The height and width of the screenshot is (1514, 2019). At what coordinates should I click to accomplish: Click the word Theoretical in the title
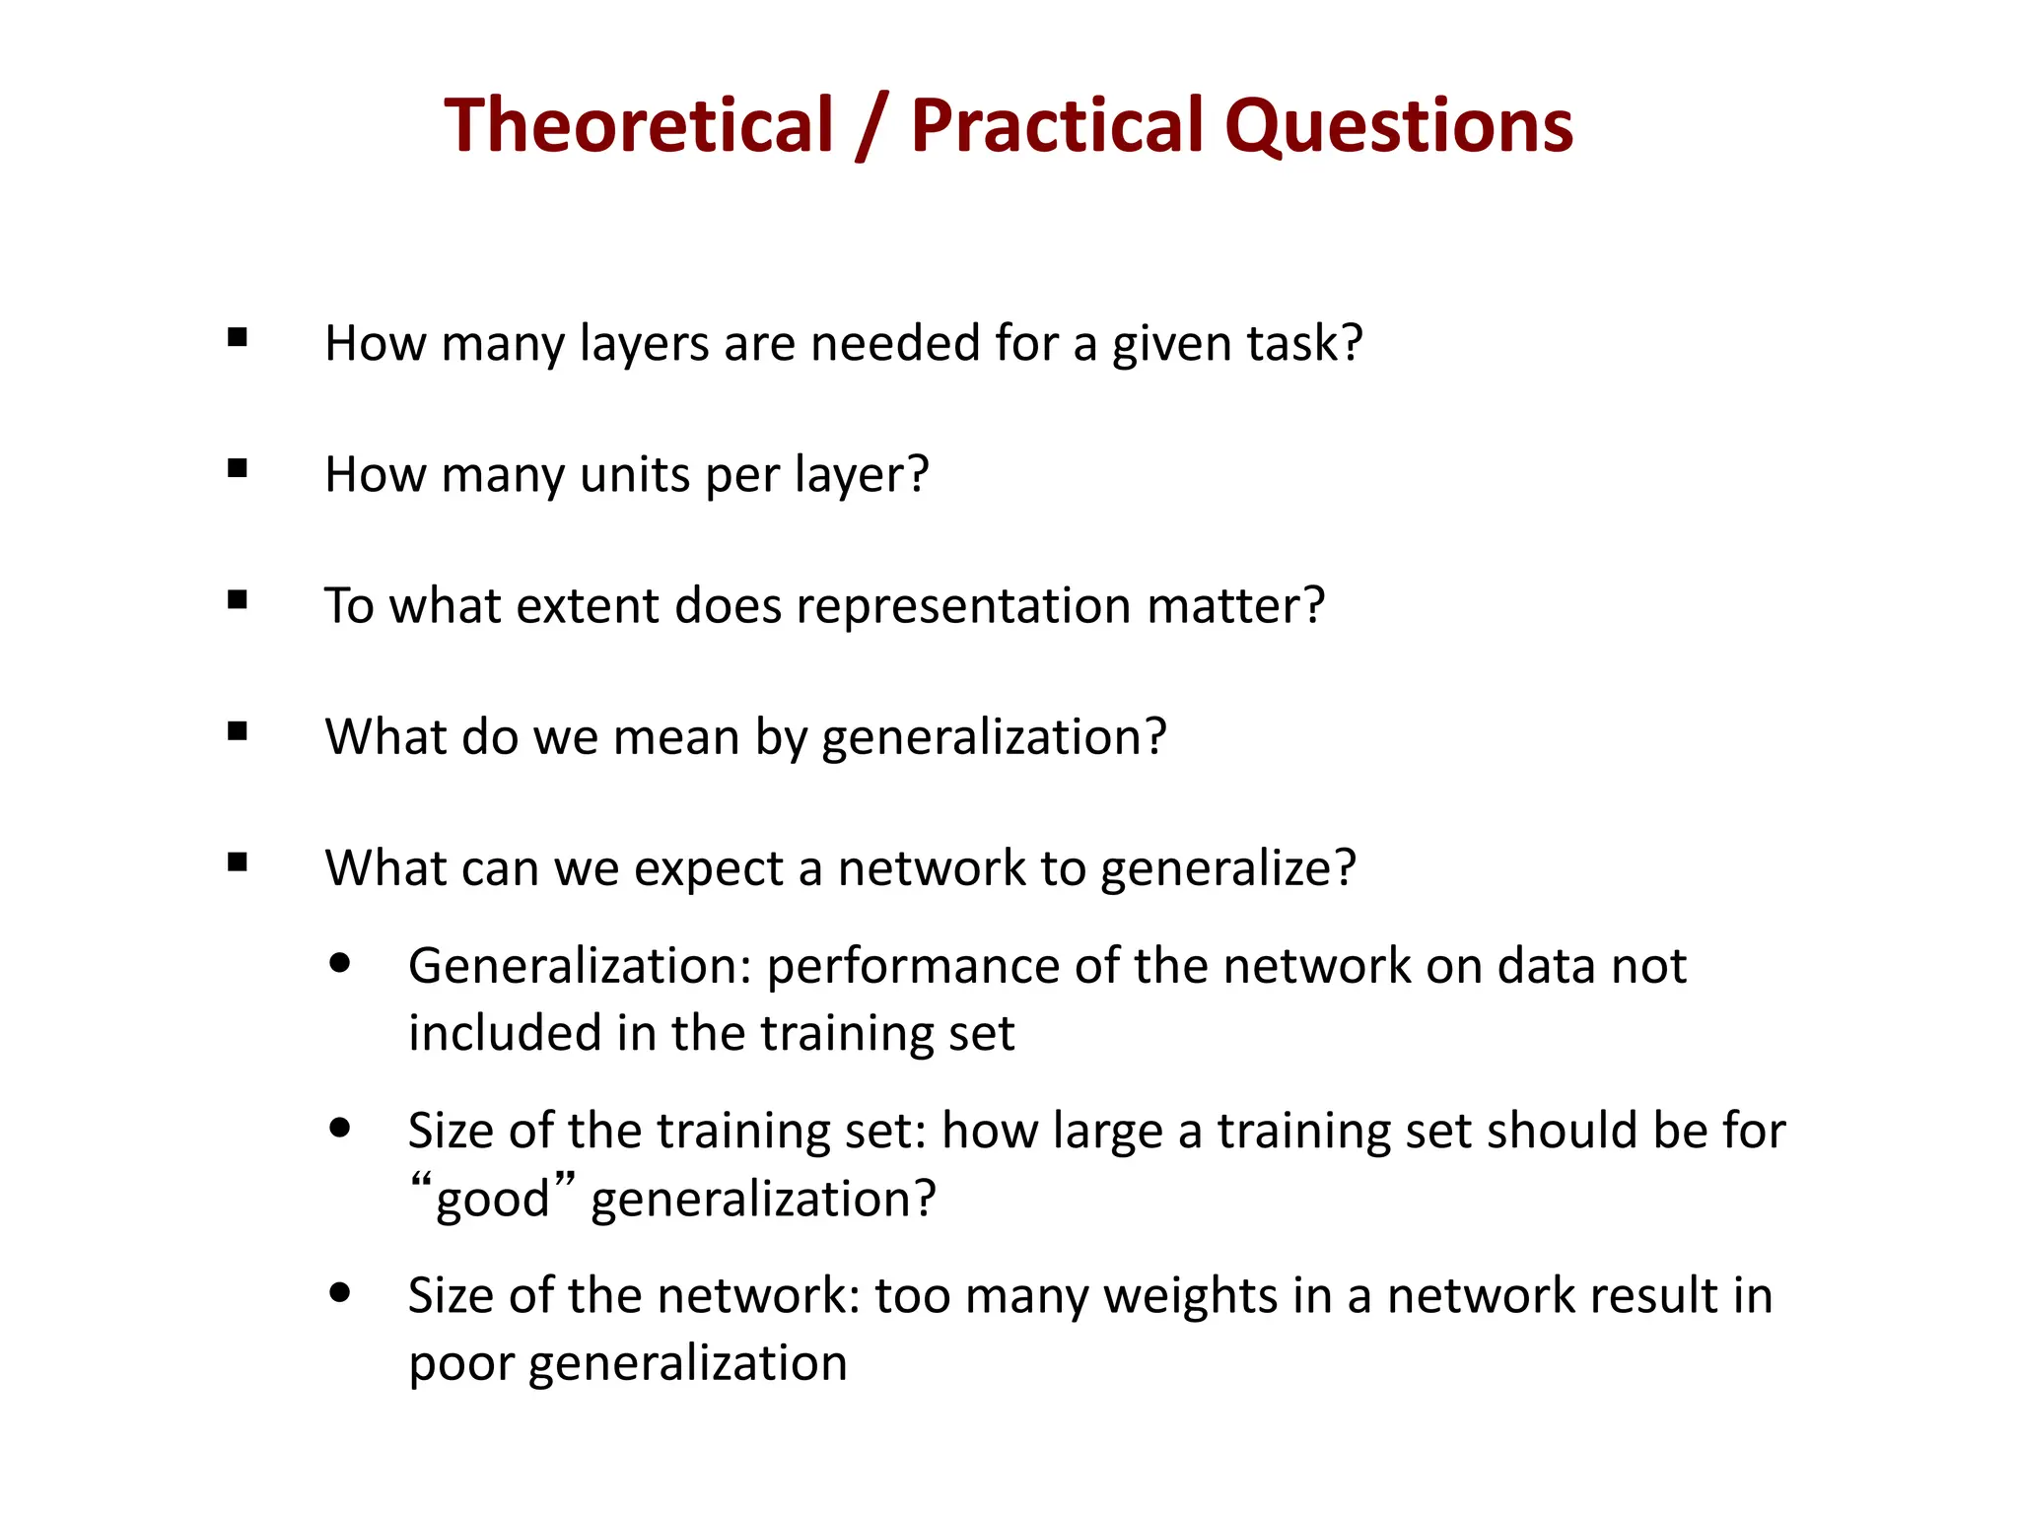click(639, 125)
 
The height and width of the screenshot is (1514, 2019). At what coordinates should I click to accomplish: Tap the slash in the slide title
click(872, 125)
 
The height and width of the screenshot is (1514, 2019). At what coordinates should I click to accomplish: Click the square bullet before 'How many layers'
click(237, 338)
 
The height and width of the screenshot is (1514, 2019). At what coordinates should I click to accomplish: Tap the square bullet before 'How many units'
click(237, 469)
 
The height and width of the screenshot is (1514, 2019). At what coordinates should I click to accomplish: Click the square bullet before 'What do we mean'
click(237, 731)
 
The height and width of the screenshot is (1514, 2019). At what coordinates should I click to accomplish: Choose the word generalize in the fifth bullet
click(1227, 870)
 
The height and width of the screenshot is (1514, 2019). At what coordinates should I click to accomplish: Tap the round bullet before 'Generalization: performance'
click(341, 963)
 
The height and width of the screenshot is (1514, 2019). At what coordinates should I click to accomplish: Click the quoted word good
click(492, 1200)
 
